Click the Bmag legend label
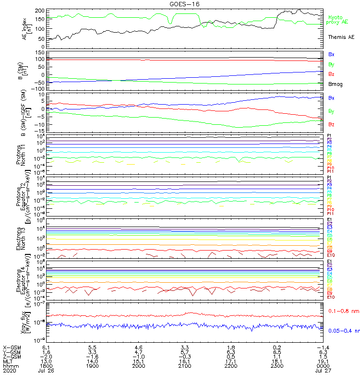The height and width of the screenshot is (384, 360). pos(335,84)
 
